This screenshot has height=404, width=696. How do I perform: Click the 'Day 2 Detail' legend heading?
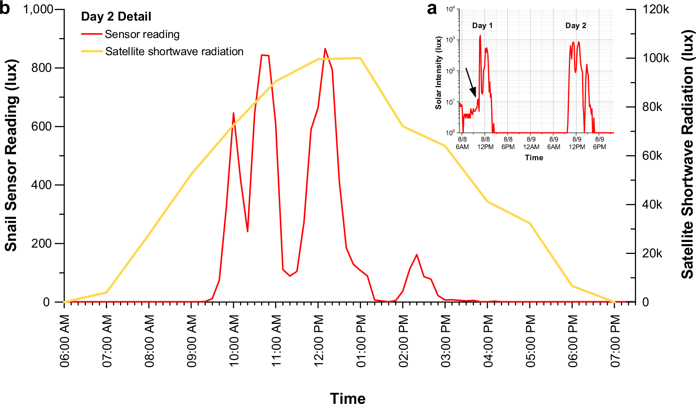116,16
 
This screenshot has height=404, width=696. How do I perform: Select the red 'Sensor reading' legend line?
92,34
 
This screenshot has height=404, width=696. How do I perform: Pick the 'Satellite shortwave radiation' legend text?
174,52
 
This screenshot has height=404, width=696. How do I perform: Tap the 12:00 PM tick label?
319,341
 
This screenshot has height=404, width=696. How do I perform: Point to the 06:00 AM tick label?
65,341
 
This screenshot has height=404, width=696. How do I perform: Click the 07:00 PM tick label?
615,341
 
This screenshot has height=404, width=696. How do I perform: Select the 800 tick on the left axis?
42,68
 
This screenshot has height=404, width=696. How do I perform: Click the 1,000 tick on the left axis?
38,9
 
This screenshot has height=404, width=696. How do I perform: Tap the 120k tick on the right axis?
656,9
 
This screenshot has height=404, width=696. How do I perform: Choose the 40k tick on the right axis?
652,204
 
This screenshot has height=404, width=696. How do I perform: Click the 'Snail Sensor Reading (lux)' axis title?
11,155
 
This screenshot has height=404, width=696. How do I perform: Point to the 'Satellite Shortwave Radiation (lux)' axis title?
687,154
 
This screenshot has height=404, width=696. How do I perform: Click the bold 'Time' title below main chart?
347,398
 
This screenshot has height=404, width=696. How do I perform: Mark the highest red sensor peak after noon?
325,49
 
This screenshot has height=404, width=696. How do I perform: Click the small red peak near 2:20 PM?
417,255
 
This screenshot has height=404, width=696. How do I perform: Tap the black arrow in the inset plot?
471,83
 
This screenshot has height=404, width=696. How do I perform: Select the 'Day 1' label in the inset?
482,26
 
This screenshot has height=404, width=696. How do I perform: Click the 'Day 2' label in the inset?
575,26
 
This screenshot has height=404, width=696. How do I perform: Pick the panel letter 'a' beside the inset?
432,9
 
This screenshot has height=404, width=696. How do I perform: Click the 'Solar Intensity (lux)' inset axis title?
439,73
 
